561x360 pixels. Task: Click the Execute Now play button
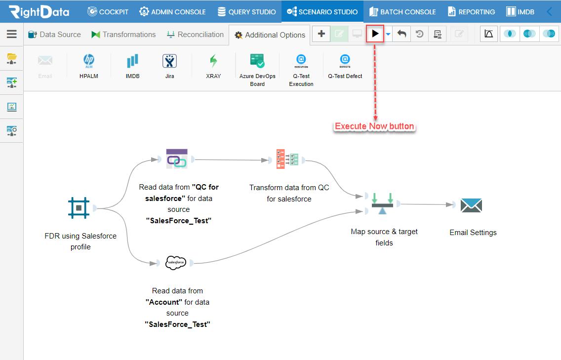pyautogui.click(x=375, y=34)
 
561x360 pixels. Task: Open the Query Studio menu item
pyautogui.click(x=247, y=12)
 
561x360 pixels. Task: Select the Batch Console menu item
pyautogui.click(x=402, y=12)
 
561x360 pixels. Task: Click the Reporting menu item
pyautogui.click(x=471, y=12)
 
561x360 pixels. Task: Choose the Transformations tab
pyautogui.click(x=123, y=35)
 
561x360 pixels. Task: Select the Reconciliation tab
pyautogui.click(x=196, y=35)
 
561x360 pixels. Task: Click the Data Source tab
pyautogui.click(x=54, y=35)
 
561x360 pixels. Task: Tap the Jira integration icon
pyautogui.click(x=169, y=61)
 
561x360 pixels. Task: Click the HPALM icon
pyautogui.click(x=89, y=61)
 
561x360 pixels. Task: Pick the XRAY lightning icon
pyautogui.click(x=214, y=61)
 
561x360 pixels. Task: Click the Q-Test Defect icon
pyautogui.click(x=345, y=61)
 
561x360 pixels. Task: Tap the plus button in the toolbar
pyautogui.click(x=321, y=34)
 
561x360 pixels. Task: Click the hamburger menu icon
pyautogui.click(x=12, y=34)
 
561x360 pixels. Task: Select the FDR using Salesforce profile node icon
pyautogui.click(x=79, y=207)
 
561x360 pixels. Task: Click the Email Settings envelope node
pyautogui.click(x=471, y=205)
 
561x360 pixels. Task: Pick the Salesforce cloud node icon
pyautogui.click(x=176, y=263)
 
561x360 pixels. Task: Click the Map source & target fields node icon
pyautogui.click(x=382, y=203)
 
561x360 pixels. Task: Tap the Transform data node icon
pyautogui.click(x=287, y=159)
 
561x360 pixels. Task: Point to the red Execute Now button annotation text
pyautogui.click(x=374, y=126)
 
